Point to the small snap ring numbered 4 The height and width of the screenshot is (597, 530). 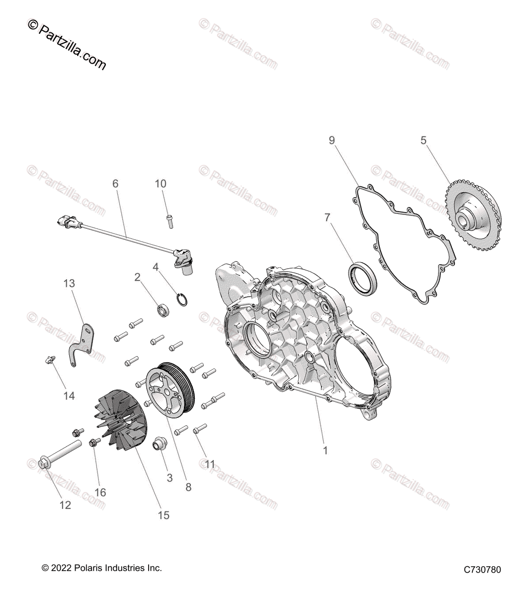[182, 300]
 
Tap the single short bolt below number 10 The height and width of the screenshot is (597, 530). [170, 219]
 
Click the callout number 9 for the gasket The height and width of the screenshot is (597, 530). [332, 140]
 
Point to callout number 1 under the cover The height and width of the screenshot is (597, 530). [325, 451]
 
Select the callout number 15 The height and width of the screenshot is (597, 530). [164, 515]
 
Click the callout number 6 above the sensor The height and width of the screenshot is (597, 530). [115, 184]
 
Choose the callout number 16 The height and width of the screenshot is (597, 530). [100, 493]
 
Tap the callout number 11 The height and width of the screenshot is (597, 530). [210, 464]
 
